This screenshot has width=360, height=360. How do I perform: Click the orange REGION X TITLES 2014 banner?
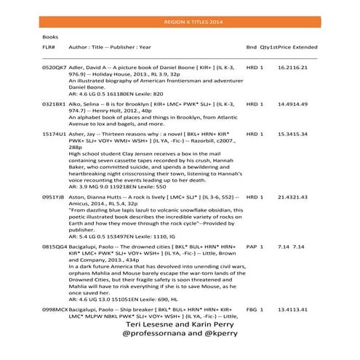180,23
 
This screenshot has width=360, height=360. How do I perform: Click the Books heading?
51,36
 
